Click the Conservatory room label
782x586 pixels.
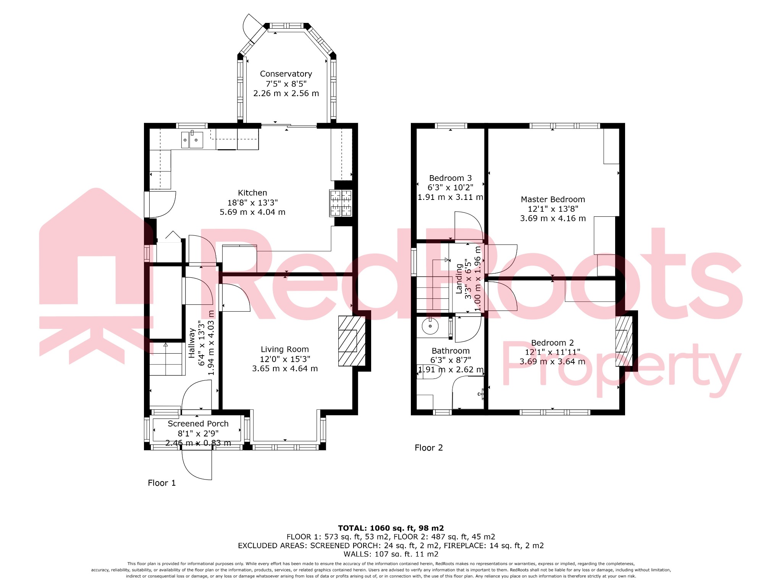point(286,74)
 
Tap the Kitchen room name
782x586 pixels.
point(252,193)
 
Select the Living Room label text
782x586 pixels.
point(284,349)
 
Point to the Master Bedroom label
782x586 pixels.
point(553,200)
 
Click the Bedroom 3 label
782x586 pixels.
point(450,178)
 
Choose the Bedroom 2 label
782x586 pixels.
point(552,343)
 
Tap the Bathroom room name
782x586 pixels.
point(451,351)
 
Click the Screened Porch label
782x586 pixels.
point(198,424)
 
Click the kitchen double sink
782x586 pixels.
point(192,140)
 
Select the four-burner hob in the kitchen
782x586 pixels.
point(341,203)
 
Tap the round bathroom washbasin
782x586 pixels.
point(430,326)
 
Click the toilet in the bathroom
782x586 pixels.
point(429,371)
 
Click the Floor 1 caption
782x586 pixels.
point(162,483)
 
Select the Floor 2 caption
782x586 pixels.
point(428,448)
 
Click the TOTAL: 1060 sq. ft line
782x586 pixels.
point(391,528)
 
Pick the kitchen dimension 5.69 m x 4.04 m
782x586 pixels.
point(252,213)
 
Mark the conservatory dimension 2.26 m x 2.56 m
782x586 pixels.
point(286,93)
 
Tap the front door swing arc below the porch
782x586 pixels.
point(197,465)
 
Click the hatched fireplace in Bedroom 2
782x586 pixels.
point(622,341)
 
